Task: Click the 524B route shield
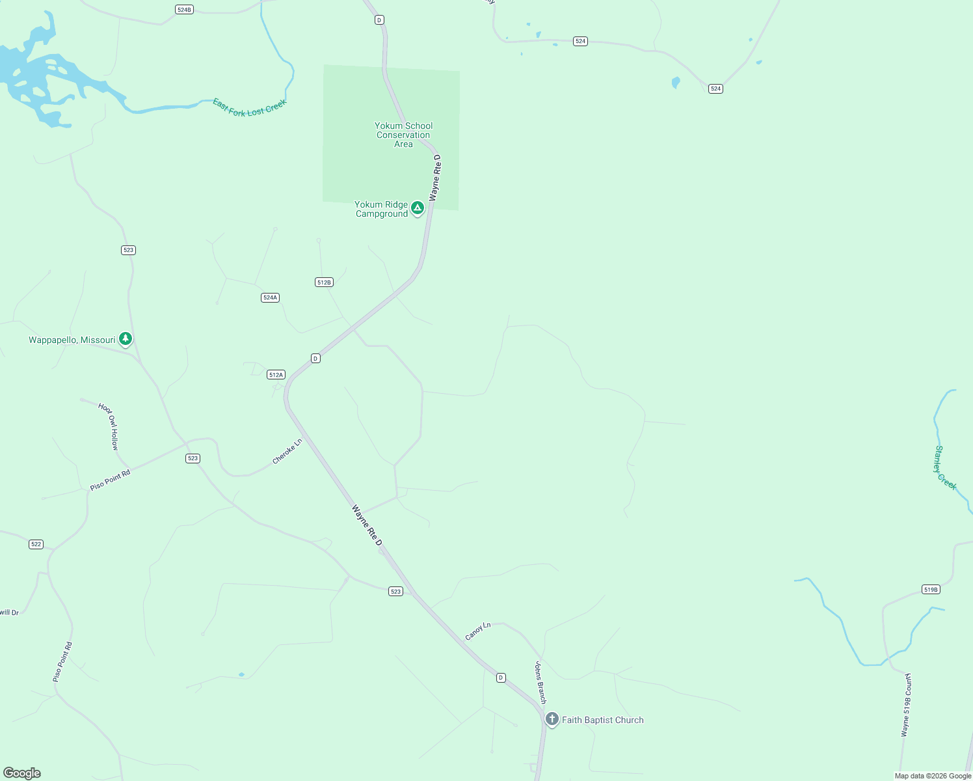pyautogui.click(x=184, y=10)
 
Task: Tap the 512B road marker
pyautogui.click(x=324, y=282)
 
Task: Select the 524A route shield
pyautogui.click(x=270, y=297)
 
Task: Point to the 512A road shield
pyautogui.click(x=276, y=375)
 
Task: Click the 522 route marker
pyautogui.click(x=36, y=544)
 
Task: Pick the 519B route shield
pyautogui.click(x=931, y=590)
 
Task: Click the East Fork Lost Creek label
pyautogui.click(x=250, y=107)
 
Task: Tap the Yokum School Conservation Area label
pyautogui.click(x=403, y=135)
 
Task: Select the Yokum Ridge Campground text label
pyautogui.click(x=382, y=209)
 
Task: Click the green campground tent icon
pyautogui.click(x=418, y=208)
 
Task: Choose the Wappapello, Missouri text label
pyautogui.click(x=72, y=340)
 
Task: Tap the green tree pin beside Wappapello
pyautogui.click(x=126, y=339)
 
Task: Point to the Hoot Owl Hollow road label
pyautogui.click(x=109, y=426)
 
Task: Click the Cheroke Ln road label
pyautogui.click(x=287, y=451)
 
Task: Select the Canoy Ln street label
pyautogui.click(x=478, y=631)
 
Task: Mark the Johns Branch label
pyautogui.click(x=540, y=682)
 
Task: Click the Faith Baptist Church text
pyautogui.click(x=602, y=720)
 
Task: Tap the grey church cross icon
pyautogui.click(x=552, y=719)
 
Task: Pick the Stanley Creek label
pyautogui.click(x=944, y=468)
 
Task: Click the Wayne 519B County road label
pyautogui.click(x=907, y=705)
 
